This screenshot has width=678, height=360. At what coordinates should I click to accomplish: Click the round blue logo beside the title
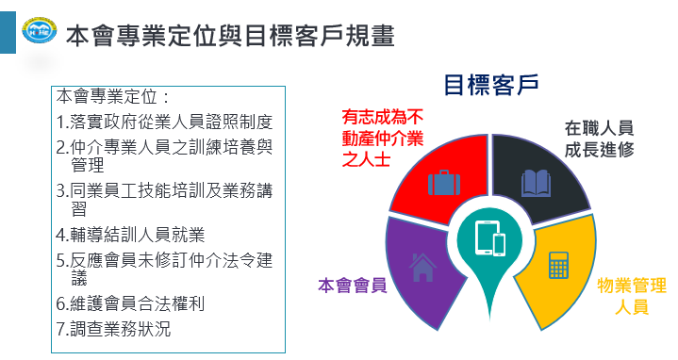point(39,30)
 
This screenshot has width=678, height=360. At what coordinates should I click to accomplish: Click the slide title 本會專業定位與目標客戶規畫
point(230,36)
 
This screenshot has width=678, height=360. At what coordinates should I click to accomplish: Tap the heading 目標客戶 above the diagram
point(491,85)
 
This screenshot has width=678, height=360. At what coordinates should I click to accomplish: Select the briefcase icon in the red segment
point(443,183)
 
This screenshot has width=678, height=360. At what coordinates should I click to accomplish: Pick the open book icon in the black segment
point(537,183)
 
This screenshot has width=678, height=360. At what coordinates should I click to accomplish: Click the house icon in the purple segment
point(422,267)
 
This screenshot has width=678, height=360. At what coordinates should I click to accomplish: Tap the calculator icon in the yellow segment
point(558,265)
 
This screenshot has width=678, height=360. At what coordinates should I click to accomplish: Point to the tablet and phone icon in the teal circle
point(490,238)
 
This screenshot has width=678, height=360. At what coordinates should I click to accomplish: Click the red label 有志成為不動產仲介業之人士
point(383,139)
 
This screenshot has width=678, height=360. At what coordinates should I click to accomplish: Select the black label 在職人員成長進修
point(600,139)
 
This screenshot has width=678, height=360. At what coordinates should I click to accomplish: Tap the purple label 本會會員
point(353,286)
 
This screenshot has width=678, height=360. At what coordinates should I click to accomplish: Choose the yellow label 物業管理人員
point(632,296)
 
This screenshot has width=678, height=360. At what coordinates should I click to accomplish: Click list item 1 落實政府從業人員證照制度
point(164,122)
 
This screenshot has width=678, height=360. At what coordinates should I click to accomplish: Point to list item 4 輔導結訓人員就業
point(130,235)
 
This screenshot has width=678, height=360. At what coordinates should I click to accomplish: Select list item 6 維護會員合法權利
point(130,303)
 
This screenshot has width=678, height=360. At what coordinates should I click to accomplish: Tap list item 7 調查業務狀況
point(114,329)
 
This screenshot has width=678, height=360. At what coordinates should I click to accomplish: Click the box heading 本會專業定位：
point(113,96)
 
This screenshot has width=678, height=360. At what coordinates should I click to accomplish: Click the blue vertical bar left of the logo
point(8,32)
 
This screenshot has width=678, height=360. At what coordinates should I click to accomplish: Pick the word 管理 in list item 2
point(88,165)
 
